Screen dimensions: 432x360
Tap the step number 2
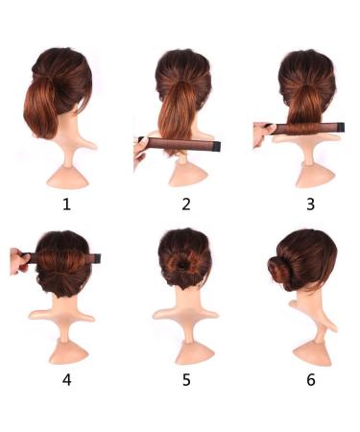point(185,203)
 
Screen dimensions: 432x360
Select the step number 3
point(308,203)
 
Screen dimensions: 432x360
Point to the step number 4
point(66,379)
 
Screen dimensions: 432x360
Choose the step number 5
point(185,379)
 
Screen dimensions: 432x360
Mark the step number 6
point(309,379)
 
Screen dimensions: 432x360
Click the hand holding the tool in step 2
point(140,147)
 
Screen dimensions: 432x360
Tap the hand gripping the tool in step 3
point(260,132)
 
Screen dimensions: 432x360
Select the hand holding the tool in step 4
point(18,260)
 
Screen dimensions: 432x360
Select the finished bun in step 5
point(182,264)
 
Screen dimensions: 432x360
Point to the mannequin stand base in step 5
point(184,350)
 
